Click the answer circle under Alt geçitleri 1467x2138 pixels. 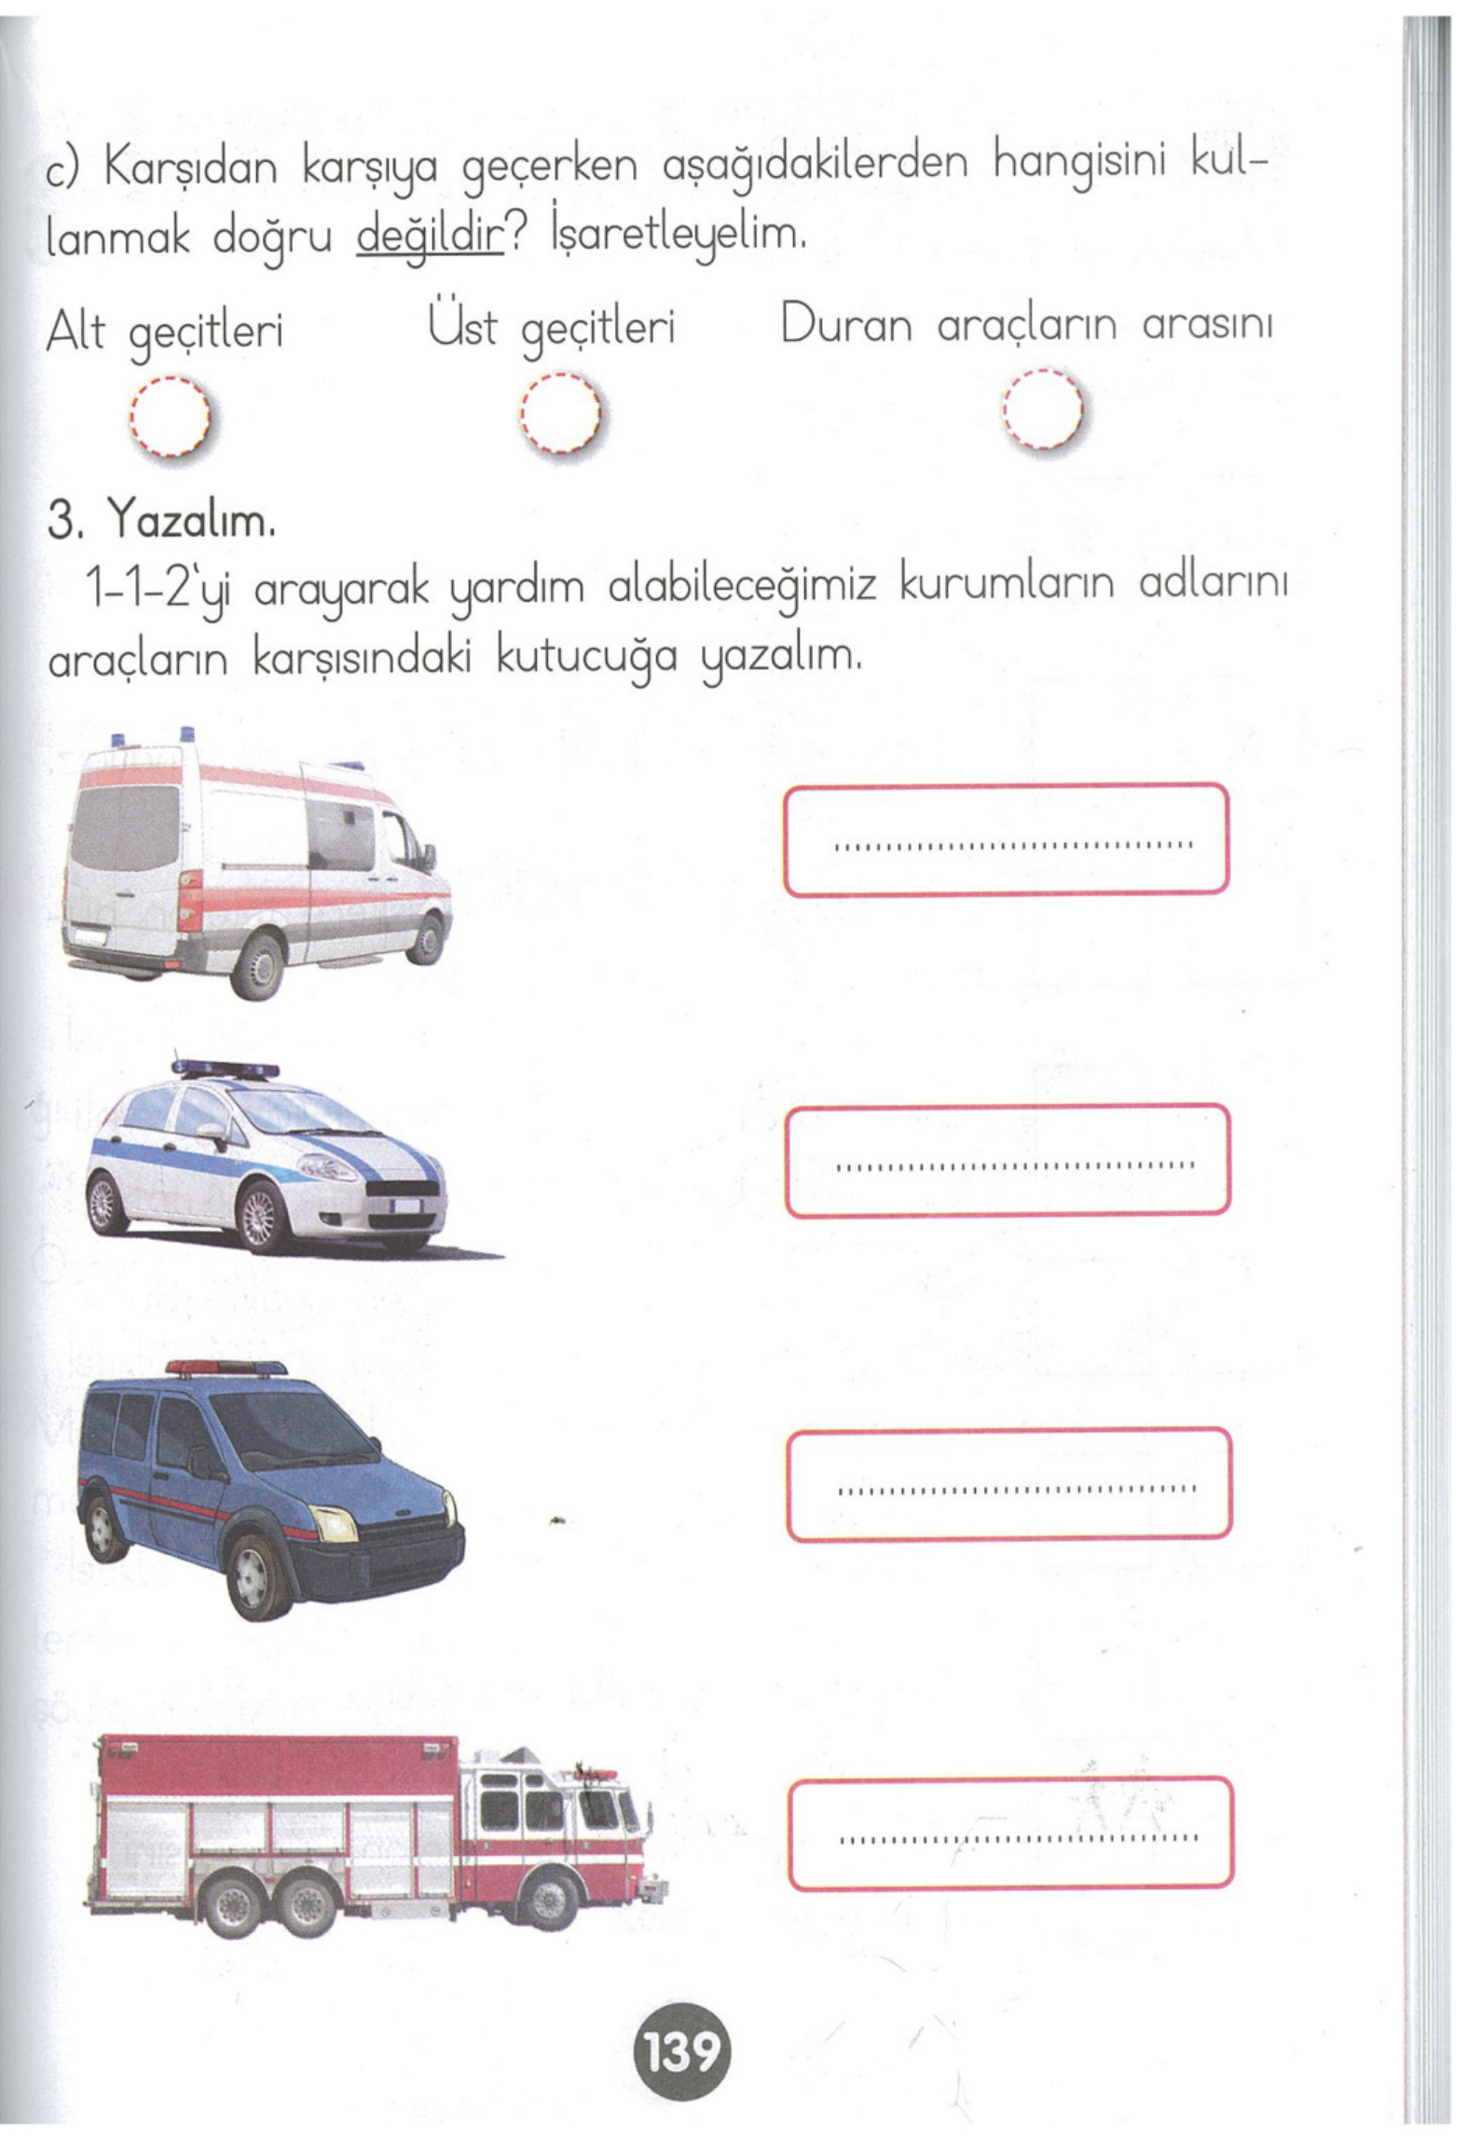pos(171,416)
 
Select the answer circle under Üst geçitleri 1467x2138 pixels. pos(560,413)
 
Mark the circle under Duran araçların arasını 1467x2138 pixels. pos(1043,410)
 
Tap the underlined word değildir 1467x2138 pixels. pos(430,238)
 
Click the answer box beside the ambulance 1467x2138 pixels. pos(1006,839)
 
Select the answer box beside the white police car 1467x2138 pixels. pos(1008,1160)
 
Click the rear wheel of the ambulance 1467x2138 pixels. pos(256,965)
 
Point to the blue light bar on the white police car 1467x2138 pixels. pos(226,1069)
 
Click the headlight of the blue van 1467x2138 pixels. pos(333,1524)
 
